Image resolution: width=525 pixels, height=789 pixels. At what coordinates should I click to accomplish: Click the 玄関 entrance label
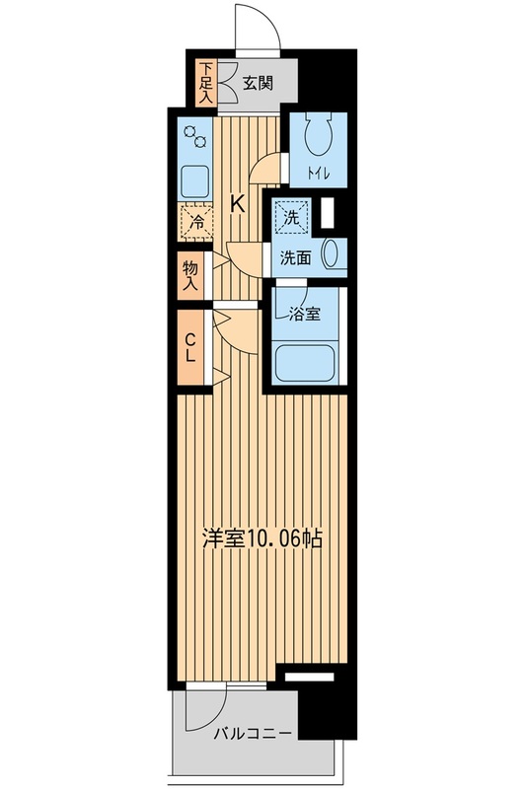(x=258, y=83)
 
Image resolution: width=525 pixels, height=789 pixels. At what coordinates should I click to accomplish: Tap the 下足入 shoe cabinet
(x=206, y=83)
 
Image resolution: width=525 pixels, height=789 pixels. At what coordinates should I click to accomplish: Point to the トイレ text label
(x=318, y=175)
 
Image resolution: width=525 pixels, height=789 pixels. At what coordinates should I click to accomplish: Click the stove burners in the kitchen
(x=195, y=136)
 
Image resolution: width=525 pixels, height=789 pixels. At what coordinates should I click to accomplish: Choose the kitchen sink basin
(x=195, y=181)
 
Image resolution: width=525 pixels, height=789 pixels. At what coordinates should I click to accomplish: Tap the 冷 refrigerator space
(x=196, y=222)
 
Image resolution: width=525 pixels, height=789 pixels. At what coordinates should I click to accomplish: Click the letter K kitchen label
(x=237, y=204)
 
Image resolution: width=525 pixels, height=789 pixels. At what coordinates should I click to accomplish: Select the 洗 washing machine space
(x=291, y=216)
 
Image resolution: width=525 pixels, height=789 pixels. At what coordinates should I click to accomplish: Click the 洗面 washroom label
(x=295, y=258)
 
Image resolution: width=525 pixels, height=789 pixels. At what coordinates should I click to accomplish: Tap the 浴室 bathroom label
(x=305, y=315)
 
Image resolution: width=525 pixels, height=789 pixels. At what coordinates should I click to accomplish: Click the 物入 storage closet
(x=190, y=275)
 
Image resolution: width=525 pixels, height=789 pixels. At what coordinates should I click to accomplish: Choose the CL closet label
(x=190, y=347)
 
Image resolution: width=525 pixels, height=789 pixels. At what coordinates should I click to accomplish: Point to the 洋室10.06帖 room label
(x=262, y=538)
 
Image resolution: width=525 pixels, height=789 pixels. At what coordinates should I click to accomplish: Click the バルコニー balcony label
(x=253, y=733)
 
